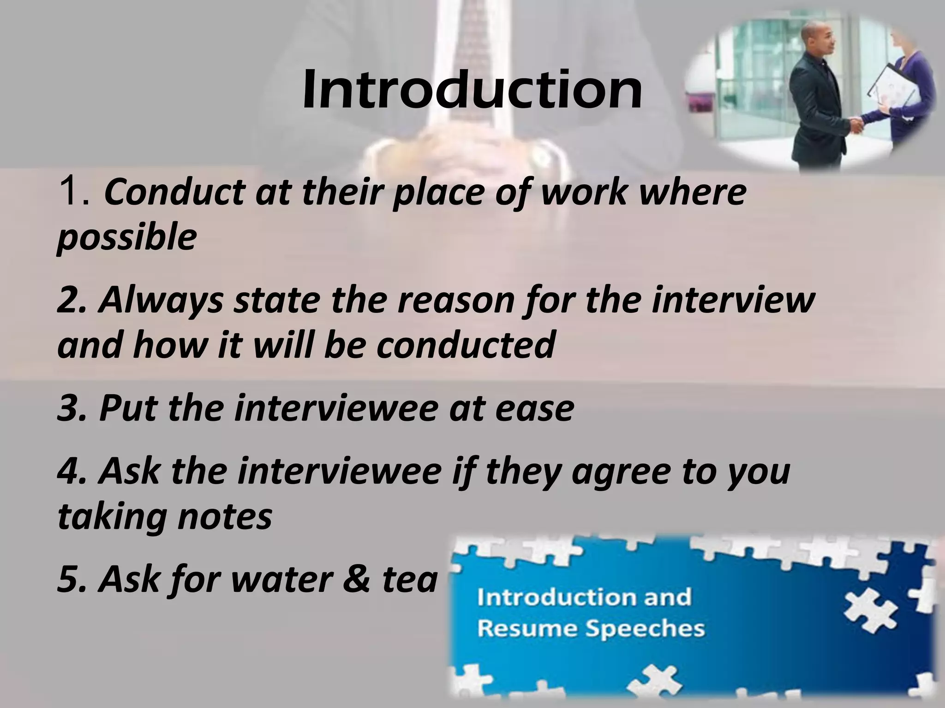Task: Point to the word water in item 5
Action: click(265, 579)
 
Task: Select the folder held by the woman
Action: click(891, 88)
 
